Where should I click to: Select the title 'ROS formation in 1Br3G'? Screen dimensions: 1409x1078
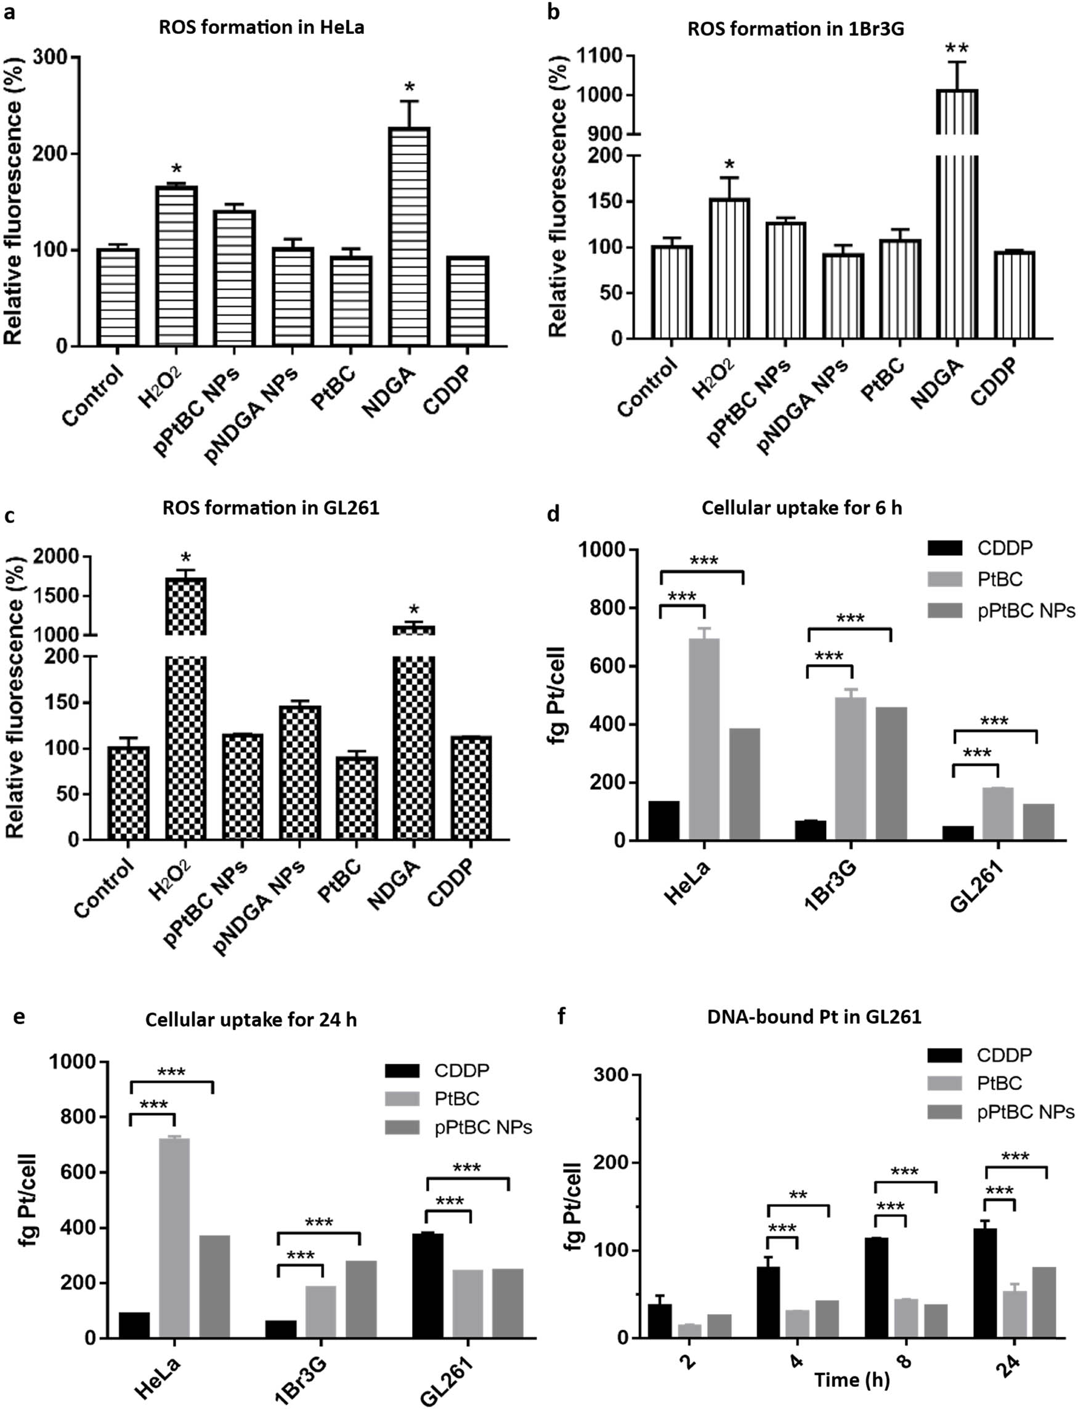point(796,30)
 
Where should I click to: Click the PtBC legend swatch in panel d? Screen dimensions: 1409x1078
point(944,579)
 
